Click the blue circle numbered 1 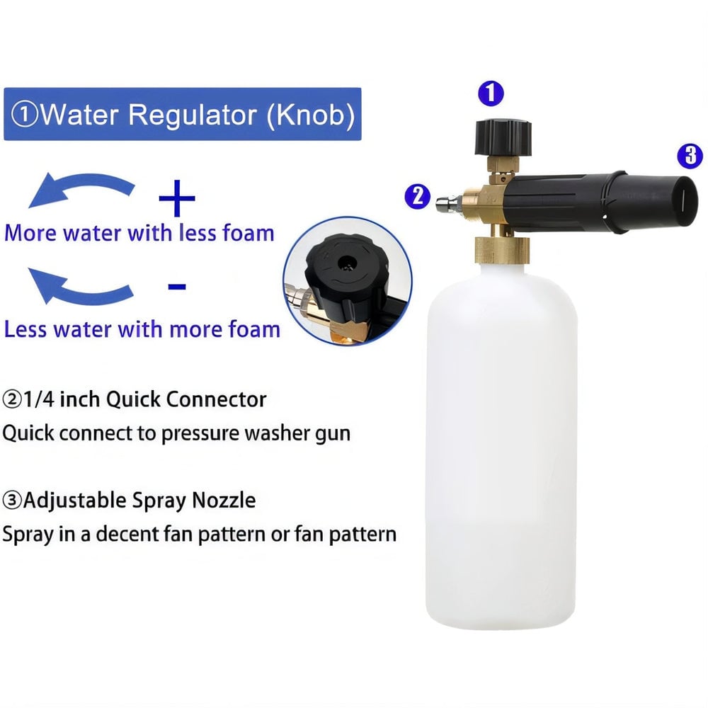click(x=491, y=93)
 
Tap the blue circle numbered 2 click(x=417, y=195)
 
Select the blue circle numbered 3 click(x=690, y=155)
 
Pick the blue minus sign click(x=176, y=286)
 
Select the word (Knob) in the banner click(x=310, y=114)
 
